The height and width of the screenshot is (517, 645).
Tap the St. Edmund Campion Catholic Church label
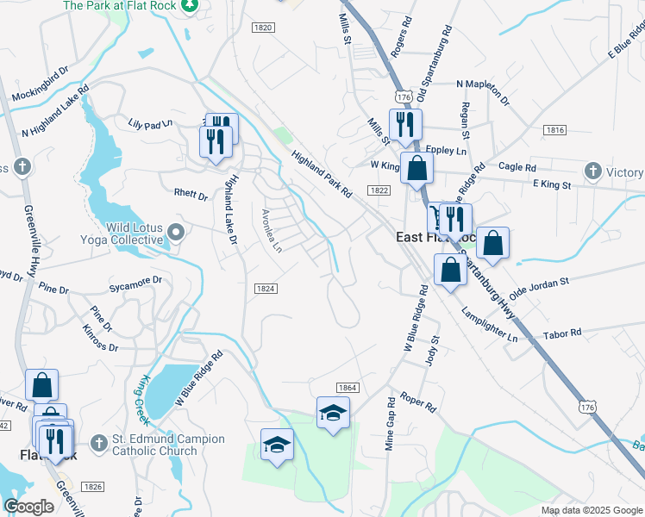(x=169, y=445)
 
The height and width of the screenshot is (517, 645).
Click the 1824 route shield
(x=266, y=289)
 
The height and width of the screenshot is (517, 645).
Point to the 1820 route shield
(x=263, y=28)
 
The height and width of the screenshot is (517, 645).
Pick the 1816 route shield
(x=554, y=130)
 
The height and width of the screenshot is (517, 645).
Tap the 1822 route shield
(x=379, y=190)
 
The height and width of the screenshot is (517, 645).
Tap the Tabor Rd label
(x=562, y=333)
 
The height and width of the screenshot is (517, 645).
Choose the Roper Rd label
(x=419, y=402)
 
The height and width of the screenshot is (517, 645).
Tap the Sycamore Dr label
(x=135, y=281)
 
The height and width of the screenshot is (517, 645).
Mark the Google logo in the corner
(x=28, y=507)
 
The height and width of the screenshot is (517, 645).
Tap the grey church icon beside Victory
(x=592, y=171)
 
